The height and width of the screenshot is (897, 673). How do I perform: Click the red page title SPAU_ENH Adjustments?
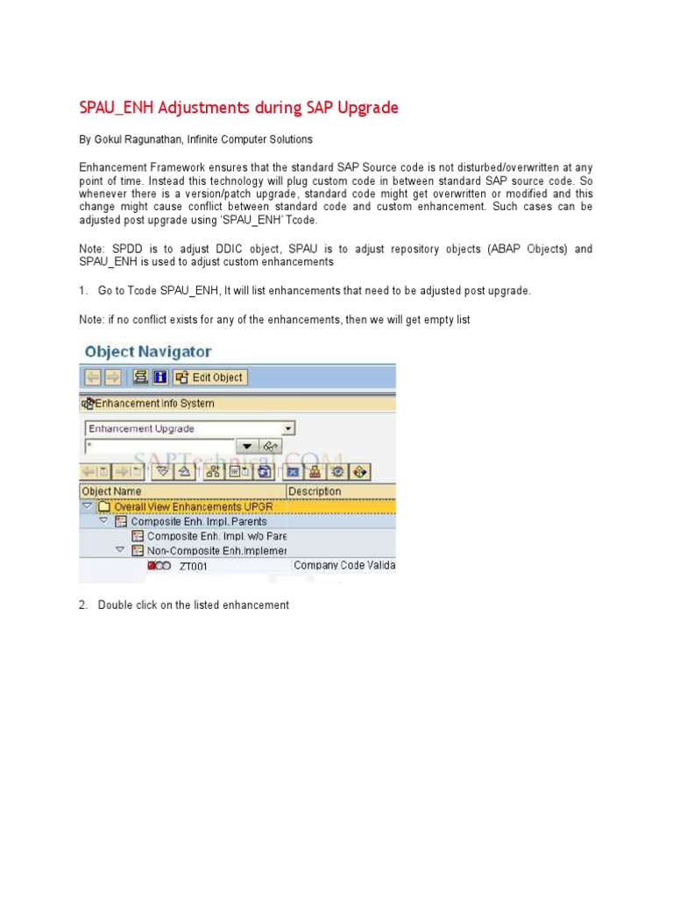238,108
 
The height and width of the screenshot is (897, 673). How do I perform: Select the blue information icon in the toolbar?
159,378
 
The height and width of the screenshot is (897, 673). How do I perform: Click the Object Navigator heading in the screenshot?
147,351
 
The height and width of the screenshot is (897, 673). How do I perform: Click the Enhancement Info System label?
153,404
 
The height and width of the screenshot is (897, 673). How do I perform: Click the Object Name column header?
111,491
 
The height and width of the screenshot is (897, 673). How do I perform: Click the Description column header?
315,491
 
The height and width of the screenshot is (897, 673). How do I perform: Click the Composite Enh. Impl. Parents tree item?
199,521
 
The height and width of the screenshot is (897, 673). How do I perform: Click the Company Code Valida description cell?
344,565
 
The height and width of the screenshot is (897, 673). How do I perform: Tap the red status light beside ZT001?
152,566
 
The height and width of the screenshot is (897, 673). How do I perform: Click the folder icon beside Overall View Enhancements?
103,506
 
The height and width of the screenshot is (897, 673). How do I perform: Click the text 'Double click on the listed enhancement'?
193,605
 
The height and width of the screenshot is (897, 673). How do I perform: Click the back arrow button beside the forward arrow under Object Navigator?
91,378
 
